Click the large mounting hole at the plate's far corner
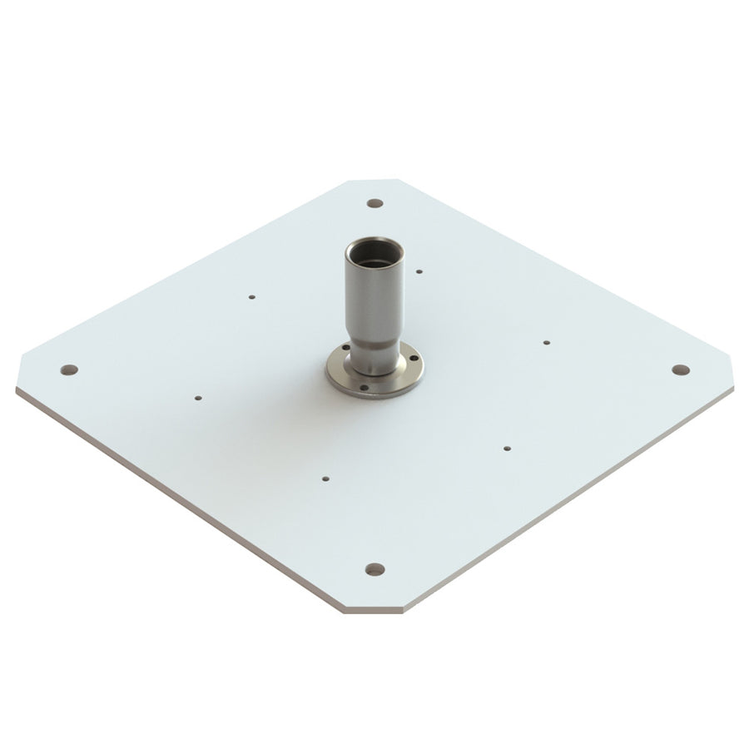(375, 203)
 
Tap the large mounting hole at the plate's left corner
(69, 370)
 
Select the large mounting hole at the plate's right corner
(681, 370)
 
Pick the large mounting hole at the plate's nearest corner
(375, 569)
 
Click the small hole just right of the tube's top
(419, 270)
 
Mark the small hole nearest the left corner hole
(197, 398)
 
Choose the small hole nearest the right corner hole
(547, 342)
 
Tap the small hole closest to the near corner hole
(325, 479)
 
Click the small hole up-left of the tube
(252, 296)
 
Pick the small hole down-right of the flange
(507, 448)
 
